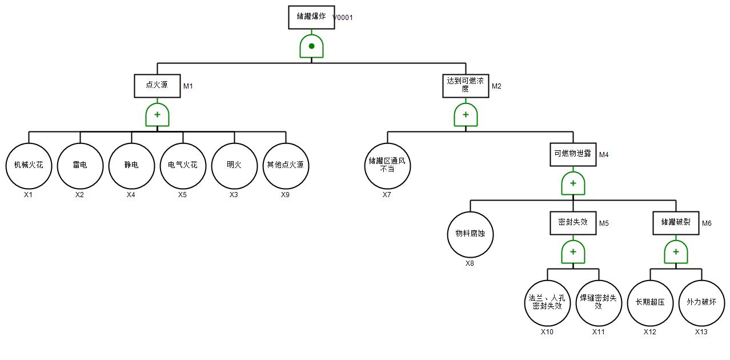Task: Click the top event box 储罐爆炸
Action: coord(311,17)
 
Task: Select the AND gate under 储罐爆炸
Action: coord(311,46)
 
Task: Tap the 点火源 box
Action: coord(157,86)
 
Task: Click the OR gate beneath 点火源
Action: coord(157,115)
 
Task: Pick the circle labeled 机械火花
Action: coord(29,166)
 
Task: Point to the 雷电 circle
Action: coord(80,166)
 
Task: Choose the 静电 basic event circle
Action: coord(131,166)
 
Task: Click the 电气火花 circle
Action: coord(183,166)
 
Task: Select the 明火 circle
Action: coord(234,166)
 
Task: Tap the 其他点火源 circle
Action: coord(286,166)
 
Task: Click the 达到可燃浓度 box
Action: coord(466,86)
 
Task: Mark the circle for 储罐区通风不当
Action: coord(387,166)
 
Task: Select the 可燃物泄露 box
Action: coord(573,154)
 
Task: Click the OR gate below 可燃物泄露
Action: coord(573,183)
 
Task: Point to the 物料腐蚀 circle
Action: coord(470,234)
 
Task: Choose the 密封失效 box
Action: coord(573,223)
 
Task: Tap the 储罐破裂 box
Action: coord(676,223)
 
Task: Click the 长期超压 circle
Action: coord(650,303)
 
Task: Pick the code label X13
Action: coord(701,332)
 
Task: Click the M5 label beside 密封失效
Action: coord(604,223)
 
